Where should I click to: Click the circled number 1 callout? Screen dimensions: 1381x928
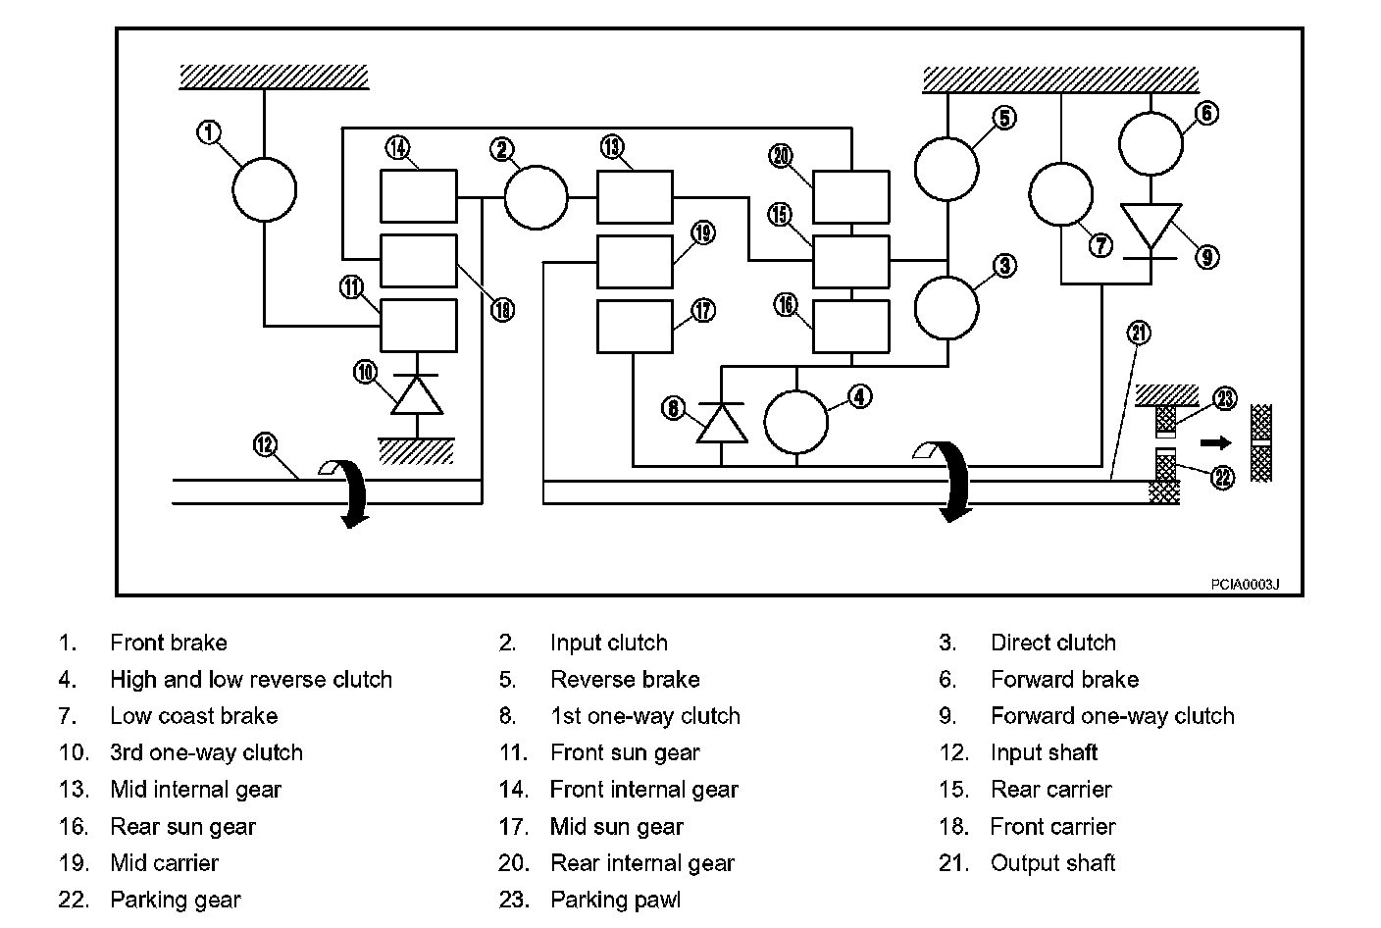click(x=208, y=132)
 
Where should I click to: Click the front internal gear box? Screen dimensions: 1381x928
click(x=419, y=196)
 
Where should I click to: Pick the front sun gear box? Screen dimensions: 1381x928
click(x=419, y=326)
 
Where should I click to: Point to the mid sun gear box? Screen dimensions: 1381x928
click(x=635, y=327)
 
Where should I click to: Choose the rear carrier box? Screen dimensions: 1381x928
click(x=851, y=262)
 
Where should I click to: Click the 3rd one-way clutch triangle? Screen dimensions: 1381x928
click(x=418, y=394)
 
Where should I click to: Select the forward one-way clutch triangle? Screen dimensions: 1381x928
click(x=1151, y=227)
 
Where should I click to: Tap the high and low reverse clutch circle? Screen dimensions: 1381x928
click(x=795, y=423)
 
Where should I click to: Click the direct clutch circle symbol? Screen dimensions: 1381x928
click(x=946, y=308)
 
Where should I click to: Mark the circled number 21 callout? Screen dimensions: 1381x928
click(x=1139, y=333)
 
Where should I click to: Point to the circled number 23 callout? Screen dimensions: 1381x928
click(x=1225, y=398)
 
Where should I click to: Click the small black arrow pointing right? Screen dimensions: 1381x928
click(x=1216, y=442)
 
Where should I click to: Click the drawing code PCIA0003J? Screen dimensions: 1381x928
click(x=1245, y=584)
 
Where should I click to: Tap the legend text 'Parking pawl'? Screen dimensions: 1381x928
click(x=615, y=900)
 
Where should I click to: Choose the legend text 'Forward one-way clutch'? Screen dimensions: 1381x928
click(x=1113, y=716)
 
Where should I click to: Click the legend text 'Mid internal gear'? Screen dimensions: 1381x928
click(x=195, y=790)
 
